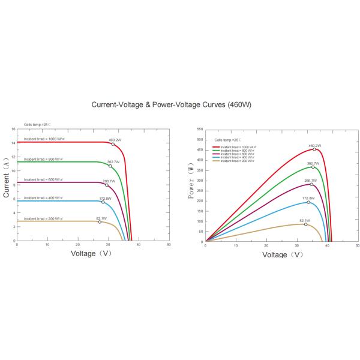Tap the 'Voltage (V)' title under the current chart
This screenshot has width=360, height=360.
91,253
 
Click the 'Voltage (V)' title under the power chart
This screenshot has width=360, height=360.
283,254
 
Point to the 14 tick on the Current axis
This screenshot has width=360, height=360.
13,143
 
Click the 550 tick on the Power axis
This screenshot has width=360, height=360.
200,130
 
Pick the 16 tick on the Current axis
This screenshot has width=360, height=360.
13,129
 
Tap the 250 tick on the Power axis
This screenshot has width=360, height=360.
200,191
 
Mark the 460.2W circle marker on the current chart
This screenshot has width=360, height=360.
113,144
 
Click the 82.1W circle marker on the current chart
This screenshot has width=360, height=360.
100,222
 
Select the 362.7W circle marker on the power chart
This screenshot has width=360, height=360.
313,167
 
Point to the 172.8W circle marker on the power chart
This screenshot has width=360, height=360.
308,202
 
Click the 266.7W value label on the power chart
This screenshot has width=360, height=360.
311,180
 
